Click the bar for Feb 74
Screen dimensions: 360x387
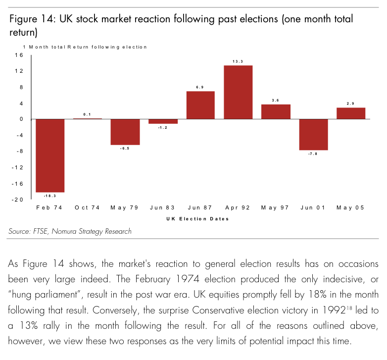coord(50,155)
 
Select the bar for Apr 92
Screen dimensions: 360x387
coord(238,92)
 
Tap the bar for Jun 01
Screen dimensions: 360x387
coord(313,135)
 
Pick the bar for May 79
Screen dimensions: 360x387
coord(125,132)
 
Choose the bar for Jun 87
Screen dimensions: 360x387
coord(200,105)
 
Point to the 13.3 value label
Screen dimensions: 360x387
coord(238,61)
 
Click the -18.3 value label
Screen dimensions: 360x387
coord(50,196)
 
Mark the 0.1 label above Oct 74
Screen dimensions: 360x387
coord(87,114)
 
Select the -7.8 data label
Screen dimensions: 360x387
coord(313,154)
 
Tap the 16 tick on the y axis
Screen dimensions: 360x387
coord(19,55)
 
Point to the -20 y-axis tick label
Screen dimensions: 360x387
coord(18,200)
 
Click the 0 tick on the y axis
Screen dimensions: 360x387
coord(21,119)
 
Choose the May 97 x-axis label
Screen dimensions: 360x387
coord(276,208)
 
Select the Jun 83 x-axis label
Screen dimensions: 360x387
coord(163,208)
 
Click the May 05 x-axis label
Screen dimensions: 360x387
coord(351,208)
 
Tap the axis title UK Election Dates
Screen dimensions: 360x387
coord(200,219)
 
